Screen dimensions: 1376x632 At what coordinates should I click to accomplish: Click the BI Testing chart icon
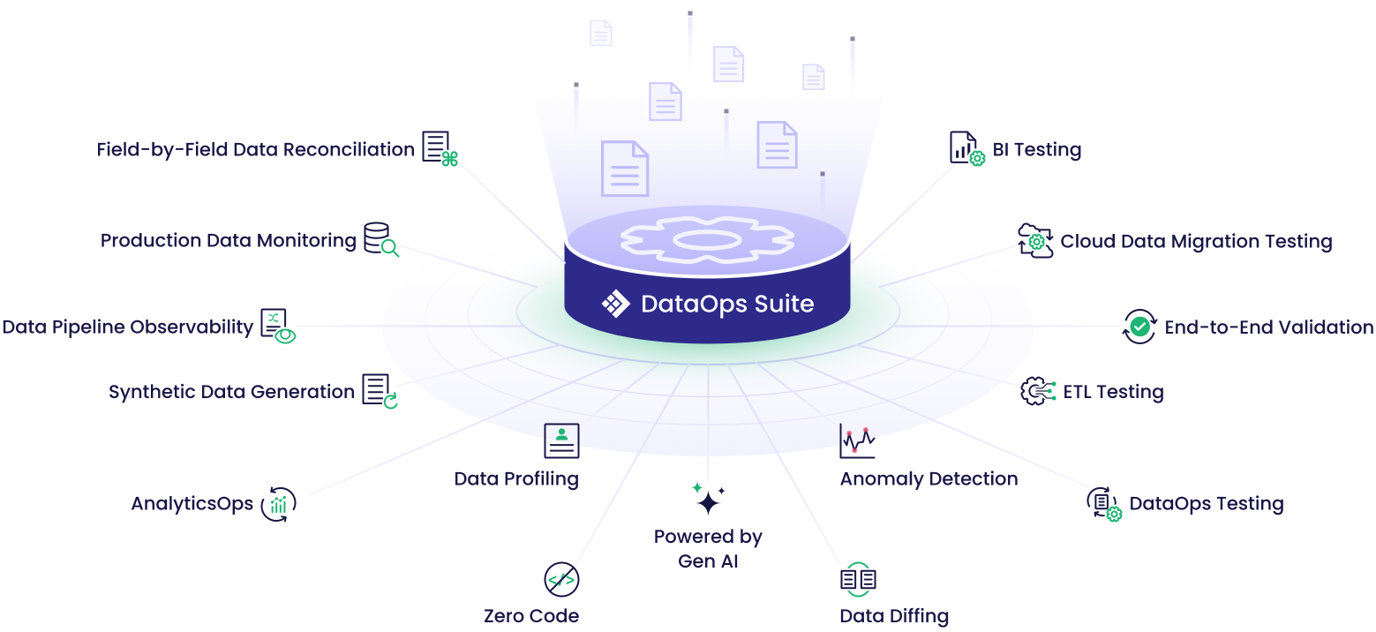coord(966,148)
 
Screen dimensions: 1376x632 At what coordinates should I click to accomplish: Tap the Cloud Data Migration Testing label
coord(1196,241)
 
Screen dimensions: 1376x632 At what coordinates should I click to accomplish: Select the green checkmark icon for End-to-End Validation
coord(1139,327)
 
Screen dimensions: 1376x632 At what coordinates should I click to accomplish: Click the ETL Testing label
coord(1113,392)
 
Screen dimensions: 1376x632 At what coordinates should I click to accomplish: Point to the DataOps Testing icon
coord(1104,504)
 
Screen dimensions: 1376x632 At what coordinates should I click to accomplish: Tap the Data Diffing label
coord(894,616)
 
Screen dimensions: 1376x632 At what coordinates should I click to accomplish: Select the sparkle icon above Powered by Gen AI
coord(708,499)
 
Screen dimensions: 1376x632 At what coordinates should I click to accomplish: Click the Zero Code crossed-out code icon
coord(561,579)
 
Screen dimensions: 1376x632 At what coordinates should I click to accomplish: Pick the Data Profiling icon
coord(561,441)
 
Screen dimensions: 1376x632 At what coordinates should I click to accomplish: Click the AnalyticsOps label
coord(192,504)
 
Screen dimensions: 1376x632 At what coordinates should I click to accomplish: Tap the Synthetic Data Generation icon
coord(380,391)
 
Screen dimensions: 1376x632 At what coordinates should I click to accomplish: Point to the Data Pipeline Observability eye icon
coord(278,326)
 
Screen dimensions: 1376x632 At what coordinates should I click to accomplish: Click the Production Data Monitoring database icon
coord(381,239)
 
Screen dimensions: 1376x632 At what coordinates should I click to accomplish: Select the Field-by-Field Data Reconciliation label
coord(256,149)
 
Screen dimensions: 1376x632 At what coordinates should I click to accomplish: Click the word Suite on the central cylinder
coord(784,304)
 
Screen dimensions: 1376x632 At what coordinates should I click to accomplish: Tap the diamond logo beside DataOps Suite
coord(615,304)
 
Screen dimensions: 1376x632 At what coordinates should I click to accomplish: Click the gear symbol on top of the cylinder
coord(707,240)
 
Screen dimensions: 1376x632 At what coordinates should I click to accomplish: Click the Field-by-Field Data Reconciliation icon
coord(440,148)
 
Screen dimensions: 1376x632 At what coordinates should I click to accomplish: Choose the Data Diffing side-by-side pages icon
coord(858,579)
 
